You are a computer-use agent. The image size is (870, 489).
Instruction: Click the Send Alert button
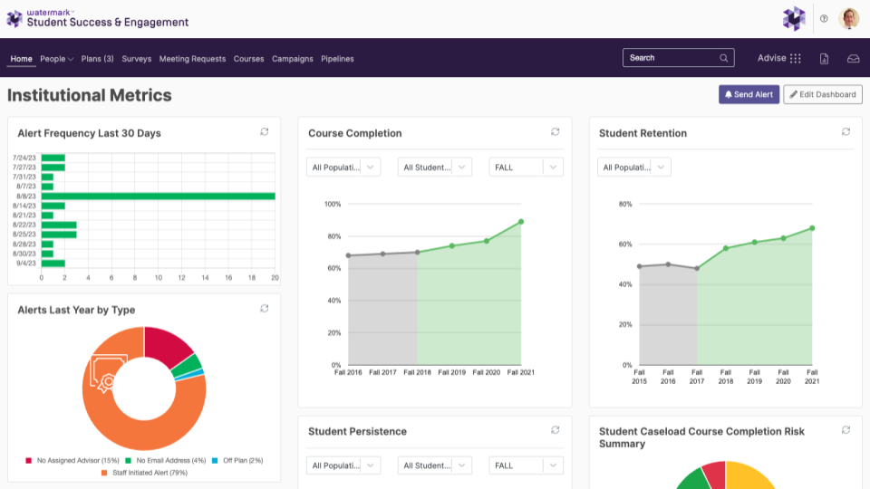(x=749, y=94)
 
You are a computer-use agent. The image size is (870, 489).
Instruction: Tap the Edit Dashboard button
(x=823, y=94)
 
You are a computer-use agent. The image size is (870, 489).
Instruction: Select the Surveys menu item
(x=137, y=59)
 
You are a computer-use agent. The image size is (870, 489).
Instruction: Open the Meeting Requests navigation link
(x=192, y=59)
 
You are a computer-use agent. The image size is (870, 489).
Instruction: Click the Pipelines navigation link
(x=337, y=59)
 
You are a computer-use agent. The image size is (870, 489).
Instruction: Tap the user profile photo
(x=848, y=19)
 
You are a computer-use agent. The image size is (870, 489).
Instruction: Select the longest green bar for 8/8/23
(x=158, y=197)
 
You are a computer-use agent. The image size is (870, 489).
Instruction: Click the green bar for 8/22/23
(x=59, y=225)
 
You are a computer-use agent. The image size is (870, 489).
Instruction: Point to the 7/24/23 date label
(x=24, y=158)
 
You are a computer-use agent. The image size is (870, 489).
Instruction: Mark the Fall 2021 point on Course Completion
(x=521, y=222)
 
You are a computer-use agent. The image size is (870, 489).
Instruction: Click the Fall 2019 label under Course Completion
(x=451, y=372)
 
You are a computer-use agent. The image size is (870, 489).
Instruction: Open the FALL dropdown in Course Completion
(x=526, y=168)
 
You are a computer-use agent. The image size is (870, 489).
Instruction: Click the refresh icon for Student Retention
(x=846, y=132)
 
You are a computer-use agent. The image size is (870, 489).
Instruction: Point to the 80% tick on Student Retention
(x=625, y=204)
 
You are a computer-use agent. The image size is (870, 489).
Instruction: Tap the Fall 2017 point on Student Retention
(x=697, y=268)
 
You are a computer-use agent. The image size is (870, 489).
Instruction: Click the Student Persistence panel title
(x=357, y=431)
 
